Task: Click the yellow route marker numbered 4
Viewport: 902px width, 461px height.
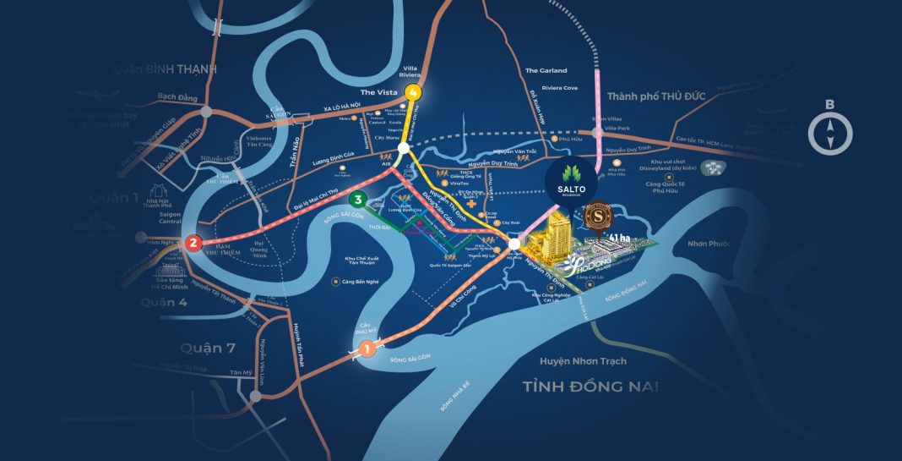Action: pos(412,92)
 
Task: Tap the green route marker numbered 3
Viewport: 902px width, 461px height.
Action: pos(359,200)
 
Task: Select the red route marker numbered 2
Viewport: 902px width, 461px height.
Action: pos(193,244)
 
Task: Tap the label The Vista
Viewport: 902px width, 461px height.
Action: pos(378,91)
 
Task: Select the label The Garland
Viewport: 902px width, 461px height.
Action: pos(546,70)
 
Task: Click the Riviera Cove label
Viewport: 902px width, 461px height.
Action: pos(560,88)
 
